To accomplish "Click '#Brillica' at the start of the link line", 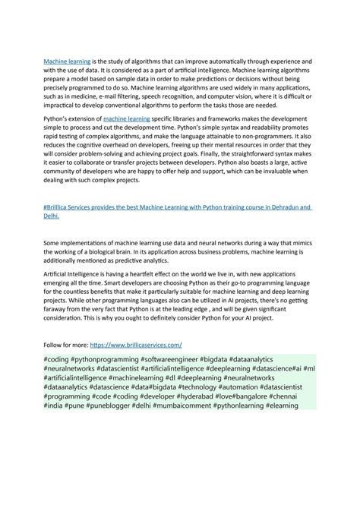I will point(59,207).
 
